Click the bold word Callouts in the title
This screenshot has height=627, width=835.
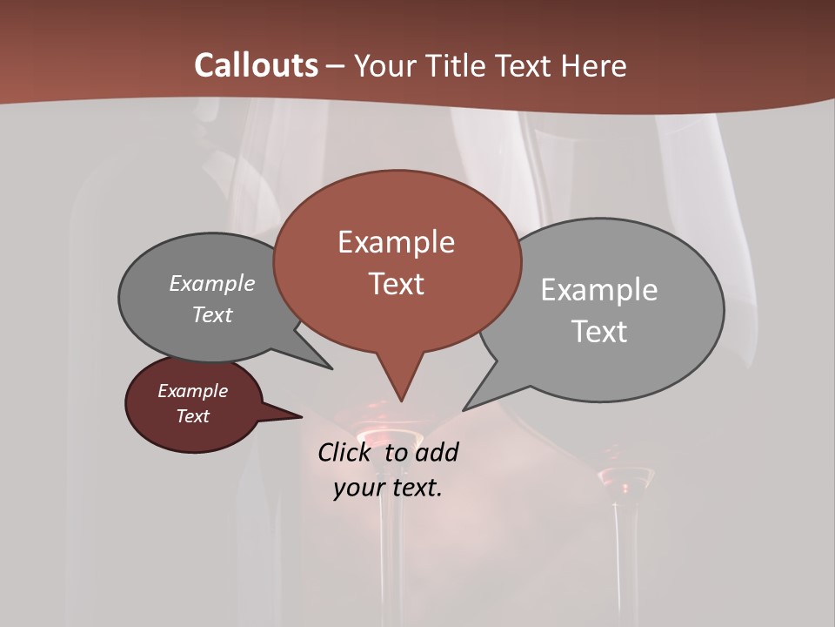257,65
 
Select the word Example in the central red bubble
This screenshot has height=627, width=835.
396,242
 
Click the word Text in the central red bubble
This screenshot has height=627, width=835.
396,284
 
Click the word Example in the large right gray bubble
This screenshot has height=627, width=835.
599,290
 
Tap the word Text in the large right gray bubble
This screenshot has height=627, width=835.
599,332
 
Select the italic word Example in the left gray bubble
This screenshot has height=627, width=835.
212,283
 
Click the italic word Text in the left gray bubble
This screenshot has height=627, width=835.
212,314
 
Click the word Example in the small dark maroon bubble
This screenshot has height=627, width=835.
193,391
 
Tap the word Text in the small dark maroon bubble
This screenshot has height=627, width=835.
193,416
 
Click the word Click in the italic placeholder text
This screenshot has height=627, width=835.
346,452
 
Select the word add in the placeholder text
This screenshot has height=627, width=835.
437,452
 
